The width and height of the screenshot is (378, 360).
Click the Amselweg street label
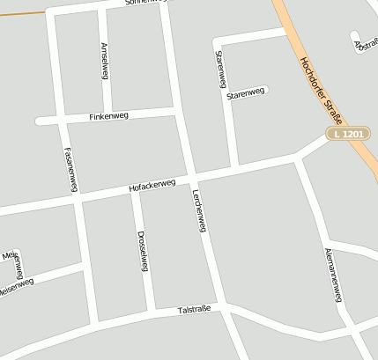105,61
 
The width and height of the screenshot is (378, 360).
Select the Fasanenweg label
70,166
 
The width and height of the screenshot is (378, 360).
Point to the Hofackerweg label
152,186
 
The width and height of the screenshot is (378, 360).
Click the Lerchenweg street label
198,211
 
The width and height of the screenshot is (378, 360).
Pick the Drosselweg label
142,251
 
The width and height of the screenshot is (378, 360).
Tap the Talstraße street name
194,310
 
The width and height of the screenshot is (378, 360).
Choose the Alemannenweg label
332,275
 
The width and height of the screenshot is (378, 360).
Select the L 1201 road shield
347,134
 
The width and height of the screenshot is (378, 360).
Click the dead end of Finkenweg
39,121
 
